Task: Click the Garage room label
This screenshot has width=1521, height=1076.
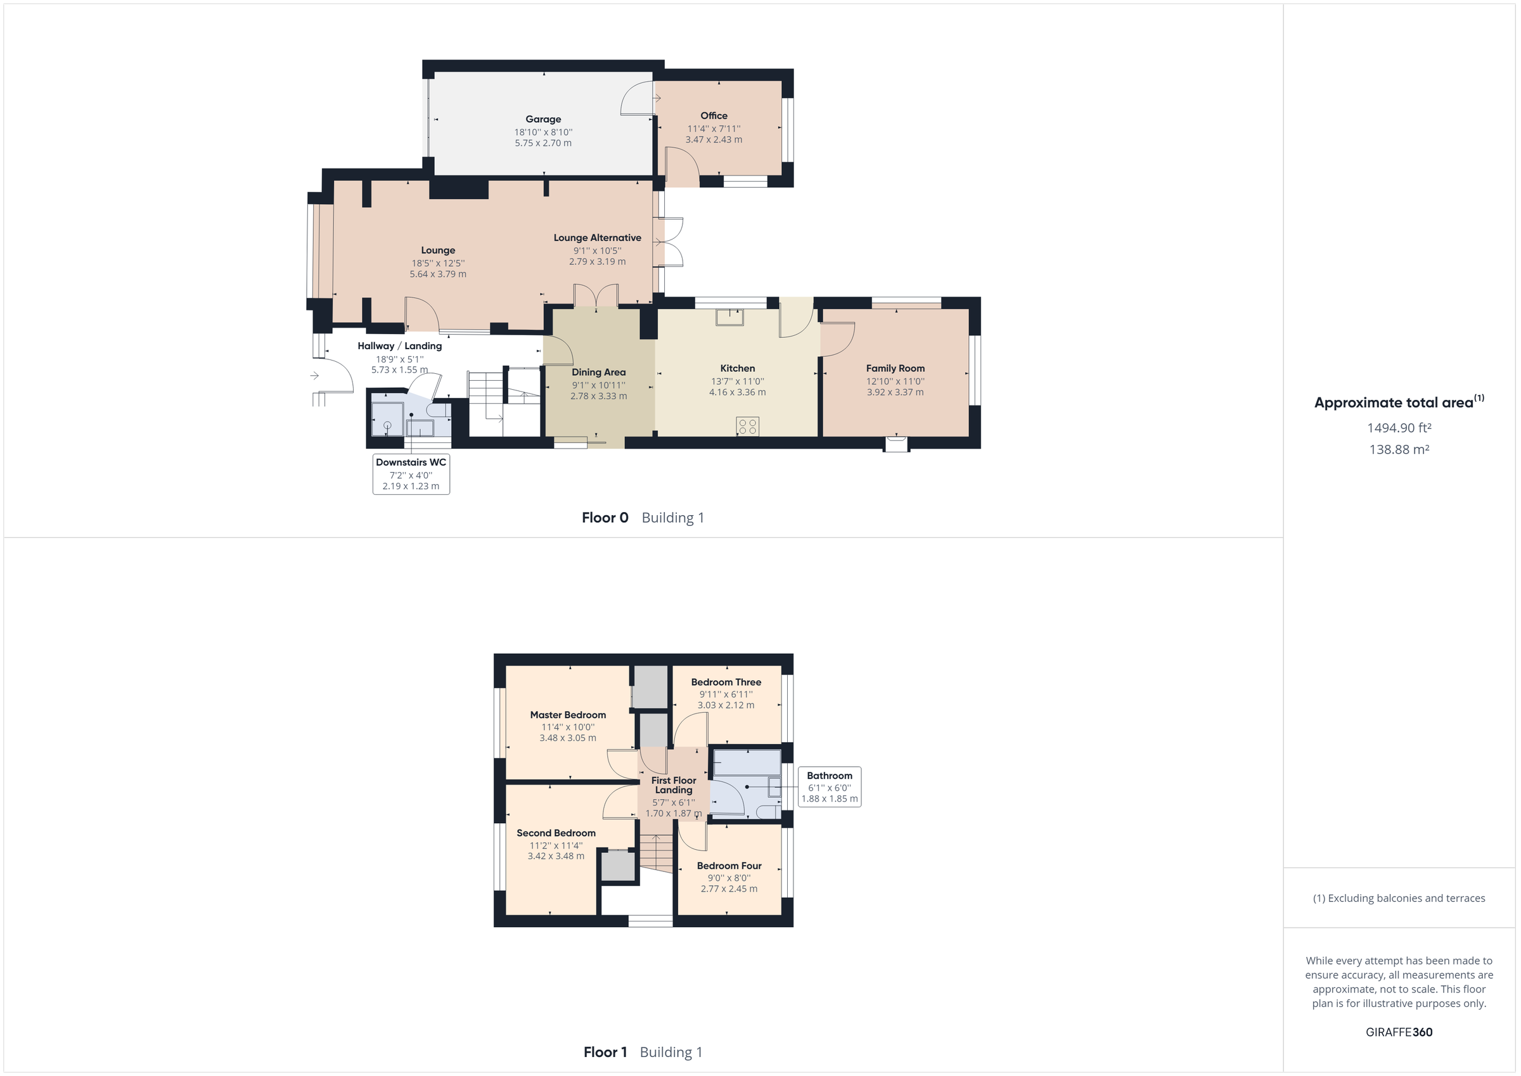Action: point(543,119)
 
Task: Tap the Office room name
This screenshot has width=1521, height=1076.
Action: point(714,116)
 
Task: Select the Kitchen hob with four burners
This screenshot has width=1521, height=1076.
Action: point(747,426)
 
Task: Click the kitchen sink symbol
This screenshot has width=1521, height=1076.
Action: point(729,317)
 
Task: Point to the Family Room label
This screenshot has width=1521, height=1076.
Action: point(895,368)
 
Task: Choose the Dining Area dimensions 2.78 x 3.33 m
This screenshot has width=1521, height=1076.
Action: point(598,396)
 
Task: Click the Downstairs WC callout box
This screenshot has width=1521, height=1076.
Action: point(411,474)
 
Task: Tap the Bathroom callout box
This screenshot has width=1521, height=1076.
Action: point(830,787)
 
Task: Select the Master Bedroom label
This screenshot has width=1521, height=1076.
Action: point(568,715)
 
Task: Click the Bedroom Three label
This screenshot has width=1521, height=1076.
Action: point(726,682)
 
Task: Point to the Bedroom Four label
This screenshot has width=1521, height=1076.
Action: point(729,866)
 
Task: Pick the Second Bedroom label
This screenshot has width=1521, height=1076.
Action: point(556,833)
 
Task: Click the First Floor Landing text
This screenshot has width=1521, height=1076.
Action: point(673,785)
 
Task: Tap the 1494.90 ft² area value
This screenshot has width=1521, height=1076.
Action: point(1399,428)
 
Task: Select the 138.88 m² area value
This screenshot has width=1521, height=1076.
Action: point(1399,450)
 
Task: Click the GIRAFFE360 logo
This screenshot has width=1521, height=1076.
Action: point(1399,1032)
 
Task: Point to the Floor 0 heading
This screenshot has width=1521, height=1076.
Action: point(604,518)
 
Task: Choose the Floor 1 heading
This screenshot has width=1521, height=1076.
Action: point(604,1052)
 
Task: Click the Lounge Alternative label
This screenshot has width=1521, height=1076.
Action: point(597,238)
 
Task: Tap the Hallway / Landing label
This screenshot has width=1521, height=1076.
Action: point(399,346)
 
